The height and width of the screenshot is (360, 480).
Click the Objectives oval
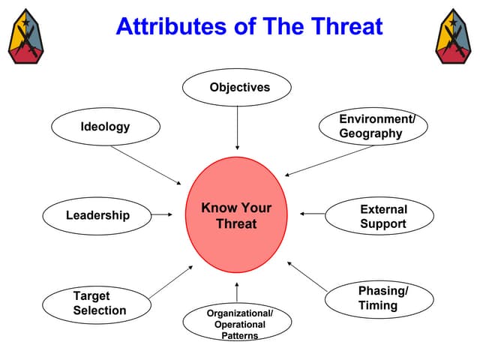click(237, 88)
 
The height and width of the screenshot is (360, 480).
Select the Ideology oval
click(106, 127)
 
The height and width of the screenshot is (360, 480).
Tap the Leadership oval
click(97, 216)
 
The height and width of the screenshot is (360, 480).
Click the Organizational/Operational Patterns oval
click(237, 323)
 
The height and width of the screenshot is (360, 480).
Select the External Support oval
click(377, 217)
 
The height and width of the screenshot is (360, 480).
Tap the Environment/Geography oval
click(373, 127)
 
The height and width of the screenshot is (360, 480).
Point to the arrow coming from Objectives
click(237, 127)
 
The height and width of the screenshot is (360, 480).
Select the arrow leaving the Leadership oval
click(161, 215)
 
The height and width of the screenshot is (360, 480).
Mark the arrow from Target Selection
click(172, 281)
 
